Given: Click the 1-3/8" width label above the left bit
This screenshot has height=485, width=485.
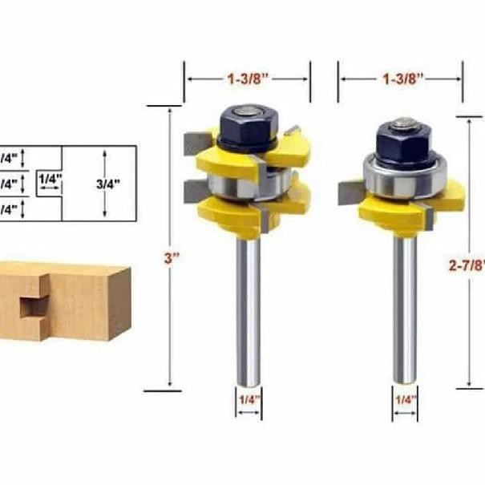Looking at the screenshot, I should click(x=247, y=79).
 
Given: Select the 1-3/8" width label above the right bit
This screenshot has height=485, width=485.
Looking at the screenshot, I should click(x=400, y=79).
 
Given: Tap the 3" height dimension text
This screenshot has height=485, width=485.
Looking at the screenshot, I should click(x=170, y=259).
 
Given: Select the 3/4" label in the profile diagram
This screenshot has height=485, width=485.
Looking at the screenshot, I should click(x=107, y=183).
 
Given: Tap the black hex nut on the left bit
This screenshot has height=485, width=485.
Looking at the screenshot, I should click(x=247, y=126).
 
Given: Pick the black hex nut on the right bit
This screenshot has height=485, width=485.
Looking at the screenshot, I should click(x=402, y=142).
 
